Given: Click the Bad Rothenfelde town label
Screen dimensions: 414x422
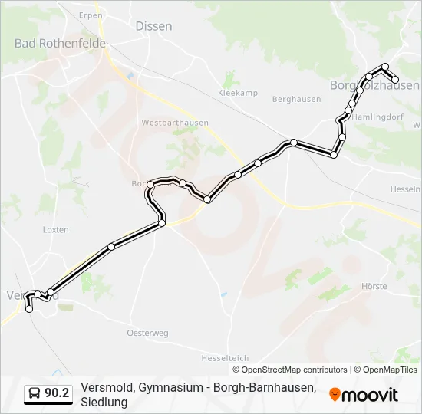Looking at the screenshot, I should click(x=60, y=43).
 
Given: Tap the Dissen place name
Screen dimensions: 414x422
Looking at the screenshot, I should click(x=153, y=26).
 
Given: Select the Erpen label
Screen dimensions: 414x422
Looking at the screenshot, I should click(x=91, y=15).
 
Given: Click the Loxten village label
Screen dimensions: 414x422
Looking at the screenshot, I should click(x=56, y=229).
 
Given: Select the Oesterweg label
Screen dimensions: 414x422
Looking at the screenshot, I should click(x=147, y=333).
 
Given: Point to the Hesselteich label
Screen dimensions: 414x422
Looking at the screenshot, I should click(x=225, y=358).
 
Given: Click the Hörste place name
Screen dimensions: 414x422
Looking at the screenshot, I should click(x=374, y=286).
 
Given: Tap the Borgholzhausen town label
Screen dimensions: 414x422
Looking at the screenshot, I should click(x=374, y=85).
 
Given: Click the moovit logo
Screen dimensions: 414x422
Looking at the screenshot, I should click(x=364, y=395).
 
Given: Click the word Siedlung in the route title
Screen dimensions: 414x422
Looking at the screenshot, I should click(x=104, y=402).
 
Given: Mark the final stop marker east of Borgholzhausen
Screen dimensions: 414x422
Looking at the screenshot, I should click(x=396, y=79).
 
